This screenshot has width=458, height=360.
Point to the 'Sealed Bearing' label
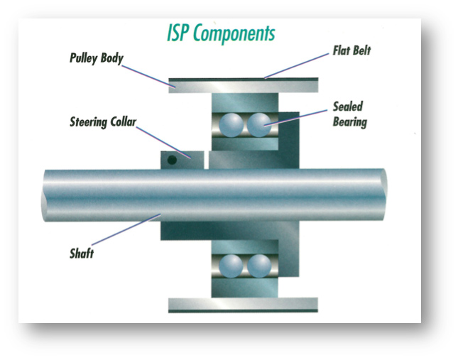(x=349, y=114)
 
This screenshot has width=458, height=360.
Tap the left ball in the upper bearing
(x=231, y=125)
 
